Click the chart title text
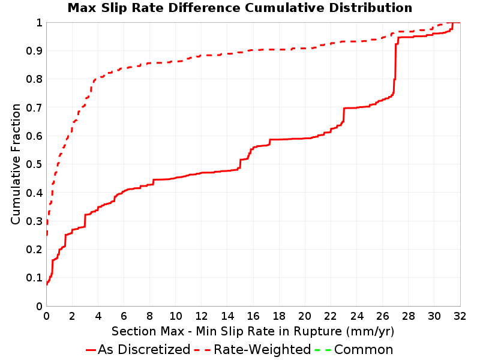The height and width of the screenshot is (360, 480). pos(239,8)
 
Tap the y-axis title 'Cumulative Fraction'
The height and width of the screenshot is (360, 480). pos(16,164)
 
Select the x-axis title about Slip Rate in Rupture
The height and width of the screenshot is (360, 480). pos(253,331)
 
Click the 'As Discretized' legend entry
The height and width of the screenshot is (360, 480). pos(138,350)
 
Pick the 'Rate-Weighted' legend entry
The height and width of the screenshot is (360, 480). pos(253,350)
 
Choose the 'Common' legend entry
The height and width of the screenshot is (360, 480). pos(354,350)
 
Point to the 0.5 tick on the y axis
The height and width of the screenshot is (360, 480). pos(34,164)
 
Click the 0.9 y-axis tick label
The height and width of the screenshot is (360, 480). pos(34,51)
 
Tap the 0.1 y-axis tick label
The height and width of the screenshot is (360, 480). pos(34,278)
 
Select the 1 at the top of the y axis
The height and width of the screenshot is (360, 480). pos(39,23)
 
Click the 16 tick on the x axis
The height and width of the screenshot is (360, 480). pos(253,316)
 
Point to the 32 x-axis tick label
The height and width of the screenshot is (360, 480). pos(460,316)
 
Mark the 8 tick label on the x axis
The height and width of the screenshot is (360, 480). pos(149,316)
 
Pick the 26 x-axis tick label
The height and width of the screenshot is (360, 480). pos(382,316)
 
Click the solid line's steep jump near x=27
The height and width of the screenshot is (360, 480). pos(395,69)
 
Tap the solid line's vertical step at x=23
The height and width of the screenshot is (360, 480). pos(344,115)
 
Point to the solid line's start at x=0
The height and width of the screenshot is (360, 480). pos(47,284)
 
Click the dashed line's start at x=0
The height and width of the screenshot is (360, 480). pos(47,235)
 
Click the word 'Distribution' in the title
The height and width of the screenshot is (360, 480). pos(370,8)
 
